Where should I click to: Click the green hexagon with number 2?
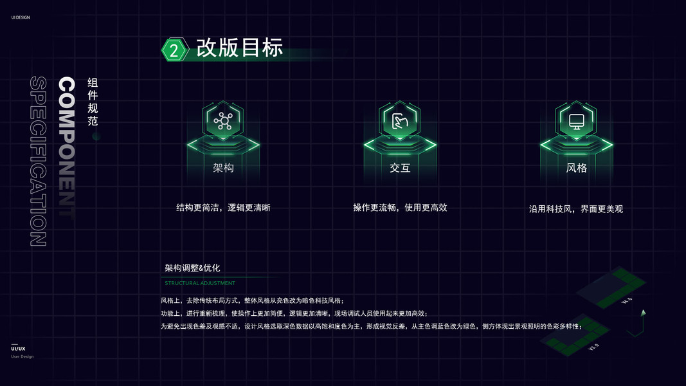click(x=174, y=50)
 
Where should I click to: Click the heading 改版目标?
click(x=239, y=48)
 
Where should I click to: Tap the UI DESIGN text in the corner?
click(x=21, y=17)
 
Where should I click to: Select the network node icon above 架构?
click(x=223, y=121)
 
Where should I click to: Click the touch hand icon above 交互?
click(x=400, y=121)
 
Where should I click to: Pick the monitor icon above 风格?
click(x=576, y=121)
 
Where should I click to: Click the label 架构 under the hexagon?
click(x=223, y=168)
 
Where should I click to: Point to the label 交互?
click(x=400, y=168)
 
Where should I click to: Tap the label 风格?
click(x=576, y=168)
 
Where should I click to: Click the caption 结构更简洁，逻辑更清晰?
click(x=223, y=208)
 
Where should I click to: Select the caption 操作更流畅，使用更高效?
click(x=400, y=208)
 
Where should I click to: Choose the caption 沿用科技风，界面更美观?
click(x=576, y=209)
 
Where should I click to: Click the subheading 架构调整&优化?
click(x=192, y=268)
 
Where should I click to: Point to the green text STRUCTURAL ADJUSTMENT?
click(x=200, y=283)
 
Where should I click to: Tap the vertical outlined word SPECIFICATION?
click(x=38, y=161)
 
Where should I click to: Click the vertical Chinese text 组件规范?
click(x=93, y=102)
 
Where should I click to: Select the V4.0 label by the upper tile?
click(x=627, y=300)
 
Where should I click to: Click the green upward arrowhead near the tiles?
click(x=643, y=313)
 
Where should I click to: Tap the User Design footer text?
click(x=22, y=356)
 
